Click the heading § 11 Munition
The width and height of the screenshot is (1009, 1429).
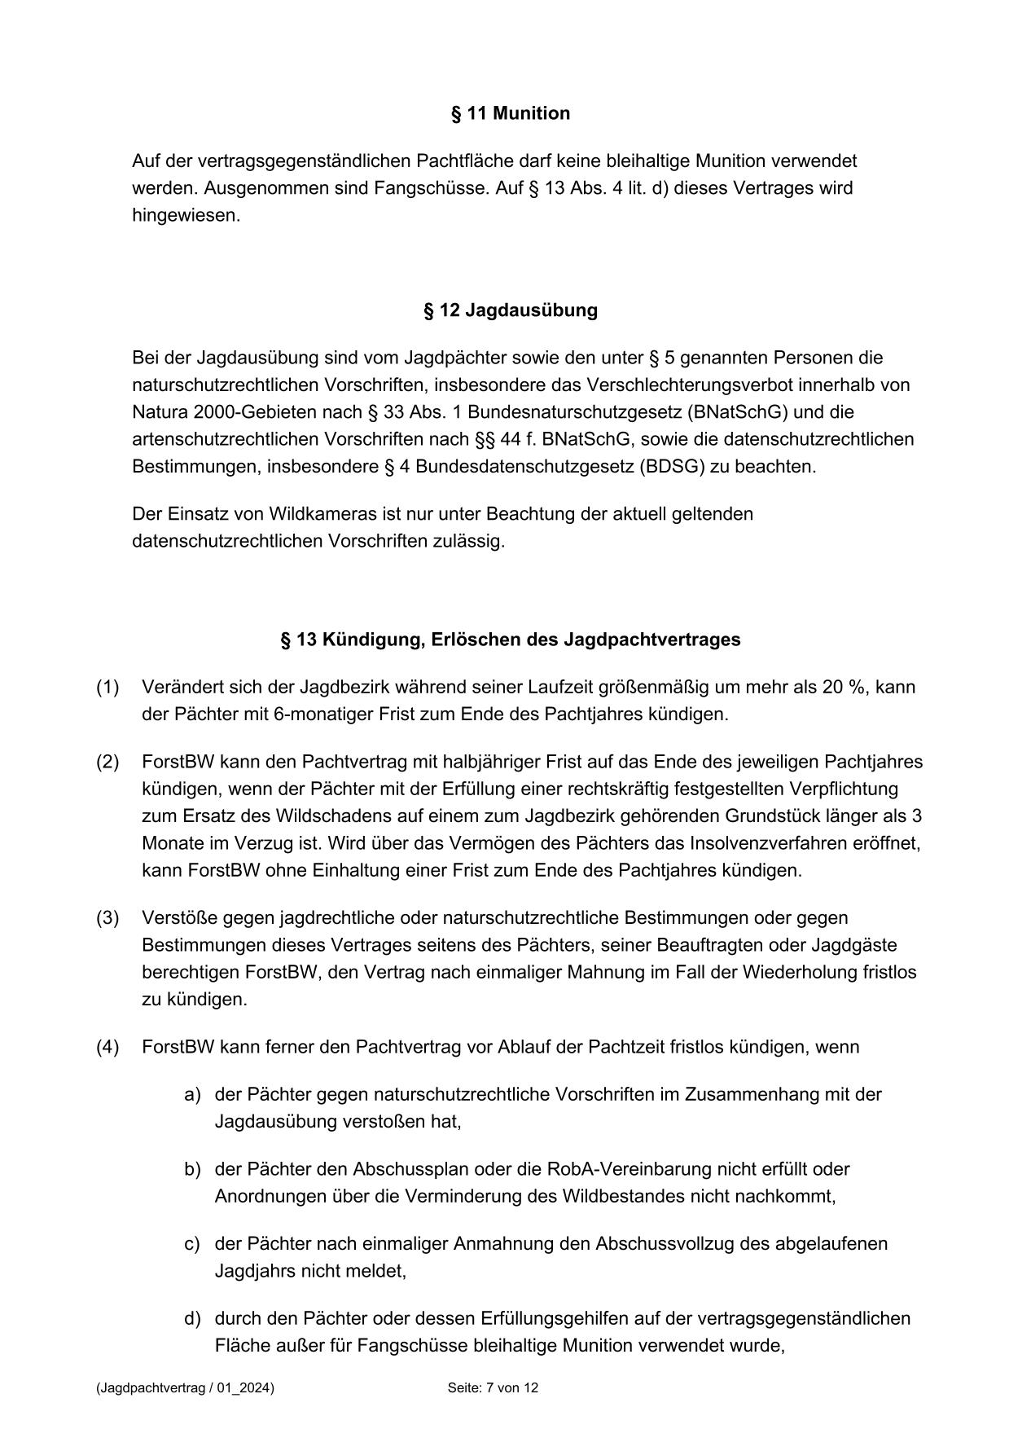coord(511,113)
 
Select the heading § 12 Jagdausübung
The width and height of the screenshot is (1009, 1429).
coord(511,310)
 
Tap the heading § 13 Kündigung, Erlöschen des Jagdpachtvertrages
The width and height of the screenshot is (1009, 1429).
coord(511,640)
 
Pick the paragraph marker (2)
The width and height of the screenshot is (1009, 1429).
coord(107,762)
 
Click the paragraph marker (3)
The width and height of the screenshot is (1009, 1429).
coord(107,918)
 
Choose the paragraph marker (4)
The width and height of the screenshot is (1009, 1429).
coord(107,1047)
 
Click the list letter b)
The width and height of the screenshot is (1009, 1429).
coord(192,1169)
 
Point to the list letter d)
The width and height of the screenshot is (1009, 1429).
coord(192,1318)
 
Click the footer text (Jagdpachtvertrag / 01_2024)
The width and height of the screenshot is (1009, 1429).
coord(185,1388)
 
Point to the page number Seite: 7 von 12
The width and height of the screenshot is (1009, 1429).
coord(493,1388)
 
